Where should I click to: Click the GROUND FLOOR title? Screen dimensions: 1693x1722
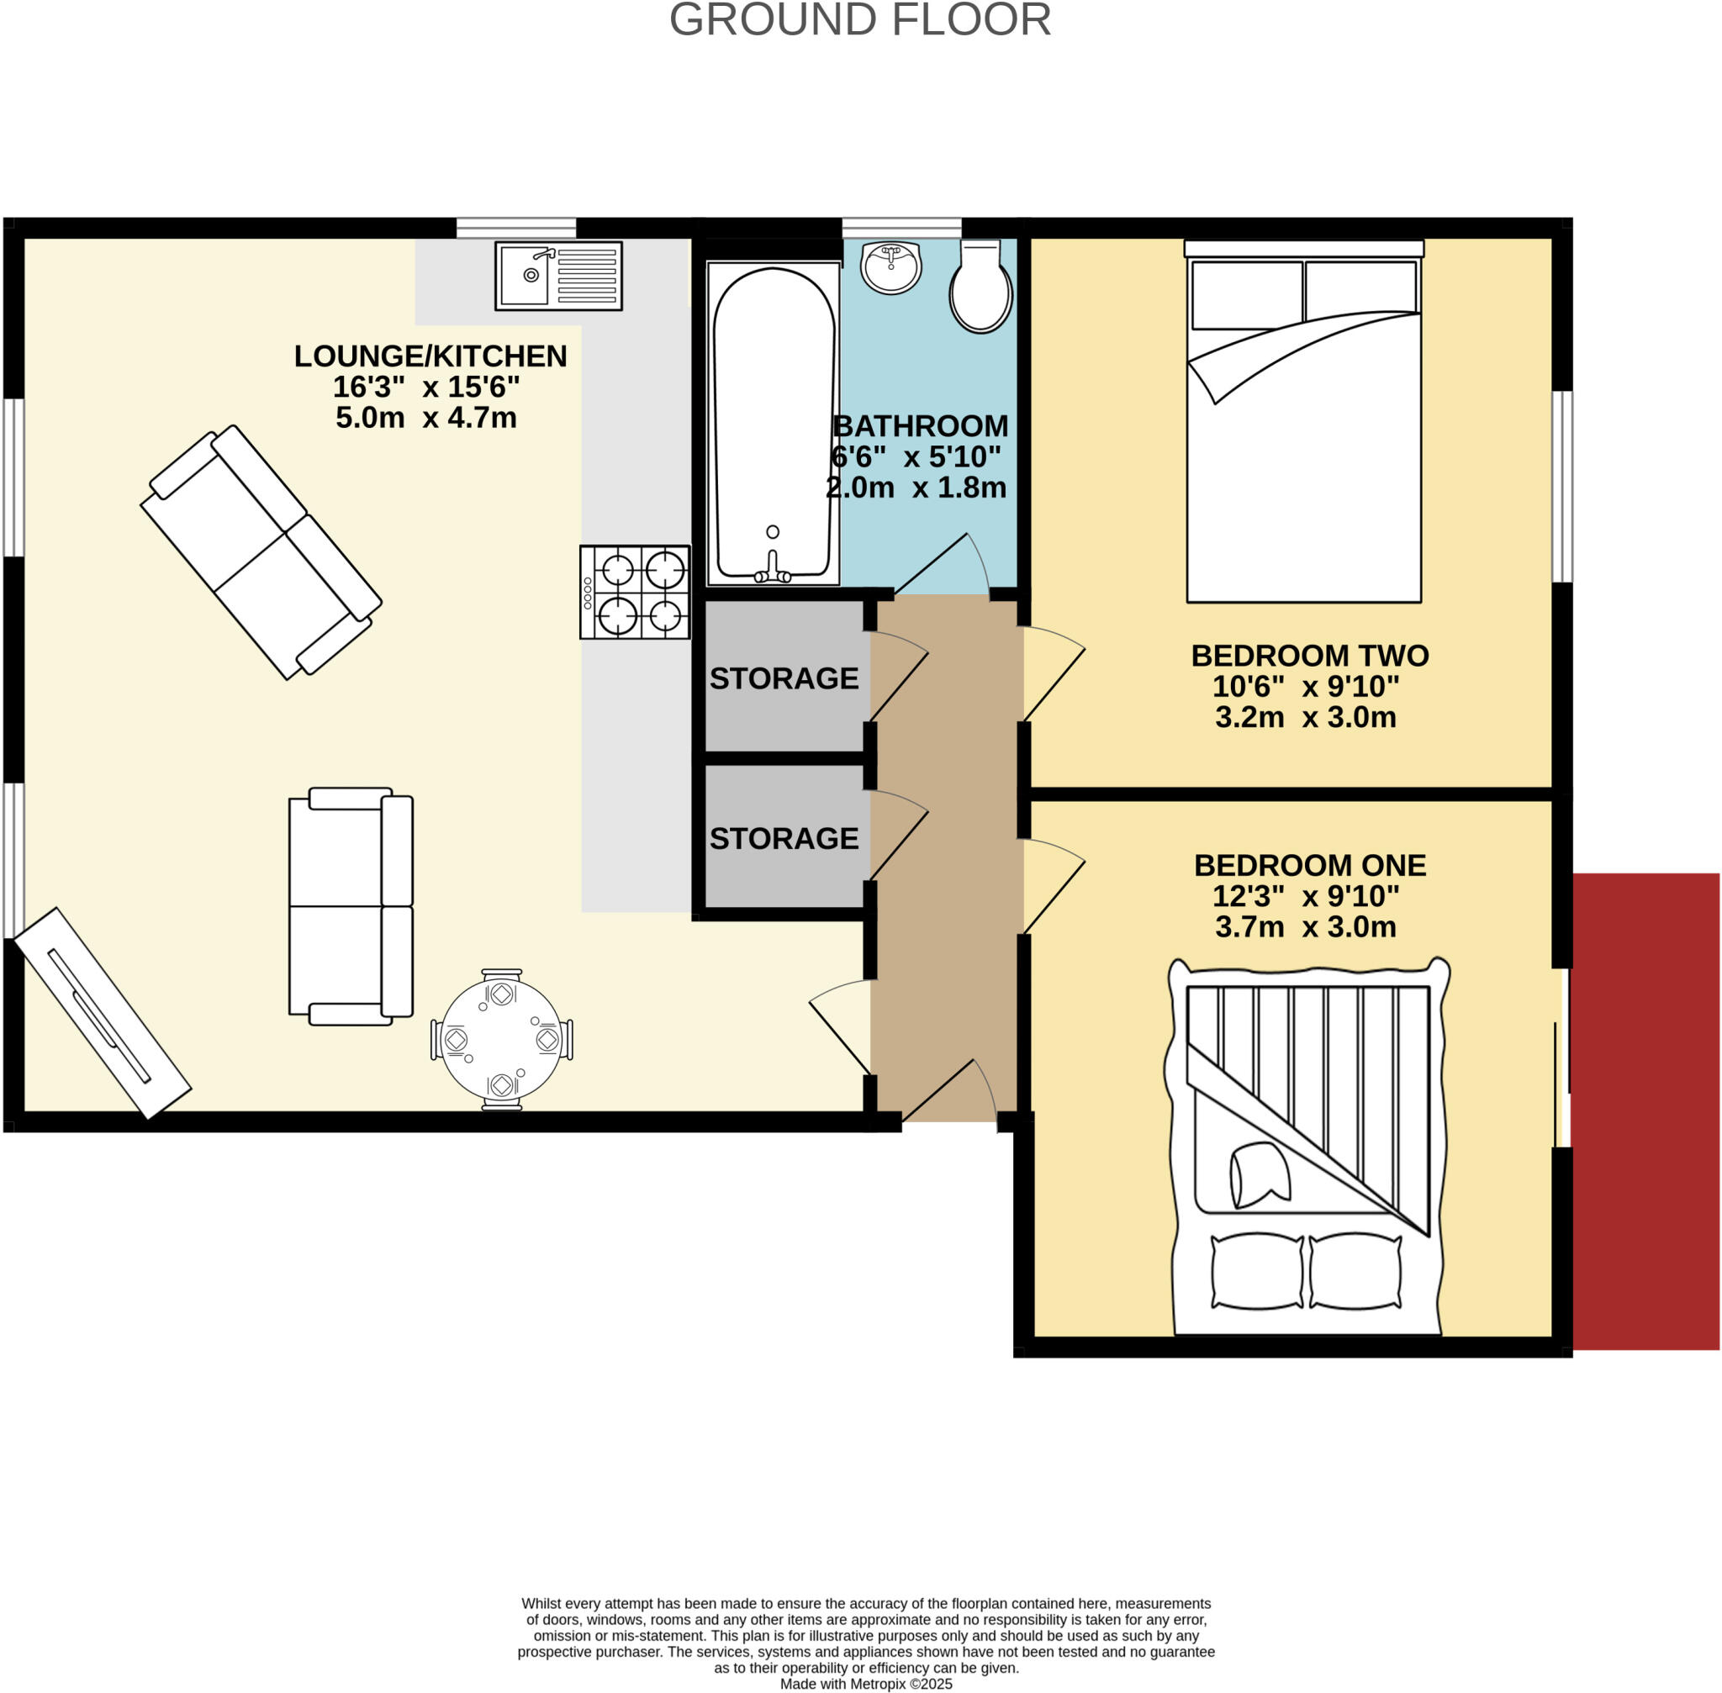pyautogui.click(x=859, y=20)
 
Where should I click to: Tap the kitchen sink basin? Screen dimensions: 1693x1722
pyautogui.click(x=525, y=275)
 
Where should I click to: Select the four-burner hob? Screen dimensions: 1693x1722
pyautogui.click(x=634, y=592)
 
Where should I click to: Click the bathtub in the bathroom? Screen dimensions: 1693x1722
pyautogui.click(x=773, y=422)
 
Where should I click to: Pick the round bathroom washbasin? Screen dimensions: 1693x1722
pyautogui.click(x=890, y=266)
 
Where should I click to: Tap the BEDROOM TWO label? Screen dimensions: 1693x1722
pyautogui.click(x=1309, y=657)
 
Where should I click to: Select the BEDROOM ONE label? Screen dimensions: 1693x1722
pyautogui.click(x=1309, y=865)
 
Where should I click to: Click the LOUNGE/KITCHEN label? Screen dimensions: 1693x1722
pyautogui.click(x=430, y=356)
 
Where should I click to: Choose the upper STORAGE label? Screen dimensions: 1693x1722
pyautogui.click(x=784, y=679)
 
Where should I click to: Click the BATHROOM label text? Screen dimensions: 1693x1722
pyautogui.click(x=920, y=427)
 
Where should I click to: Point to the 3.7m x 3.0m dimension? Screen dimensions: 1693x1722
pyautogui.click(x=1305, y=927)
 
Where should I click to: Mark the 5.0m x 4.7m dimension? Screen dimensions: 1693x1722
pyautogui.click(x=426, y=418)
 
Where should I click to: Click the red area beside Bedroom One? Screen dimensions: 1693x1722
pyautogui.click(x=1645, y=1111)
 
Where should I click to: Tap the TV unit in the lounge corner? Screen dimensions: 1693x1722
pyautogui.click(x=103, y=1013)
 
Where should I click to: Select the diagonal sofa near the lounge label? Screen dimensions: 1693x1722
pyautogui.click(x=261, y=552)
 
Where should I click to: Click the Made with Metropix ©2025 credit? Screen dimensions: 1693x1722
pyautogui.click(x=865, y=1684)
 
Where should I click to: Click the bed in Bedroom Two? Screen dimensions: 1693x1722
pyautogui.click(x=1303, y=427)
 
